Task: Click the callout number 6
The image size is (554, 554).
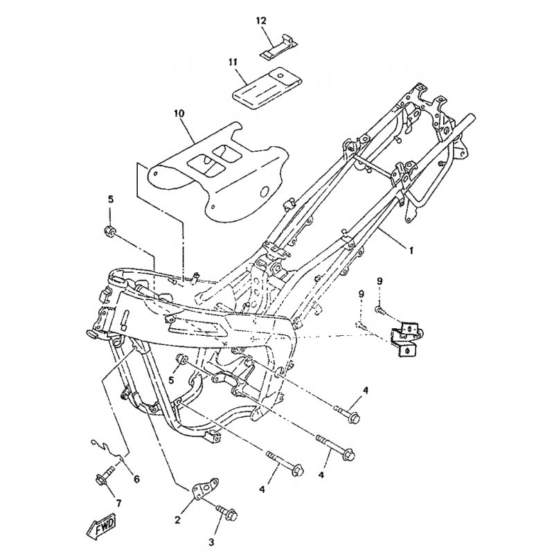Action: pyautogui.click(x=136, y=479)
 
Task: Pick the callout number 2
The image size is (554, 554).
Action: pyautogui.click(x=177, y=520)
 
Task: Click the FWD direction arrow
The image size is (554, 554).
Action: pyautogui.click(x=101, y=526)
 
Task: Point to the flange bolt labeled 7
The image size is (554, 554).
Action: pyautogui.click(x=103, y=479)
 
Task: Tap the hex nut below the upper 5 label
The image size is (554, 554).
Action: pyautogui.click(x=109, y=229)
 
